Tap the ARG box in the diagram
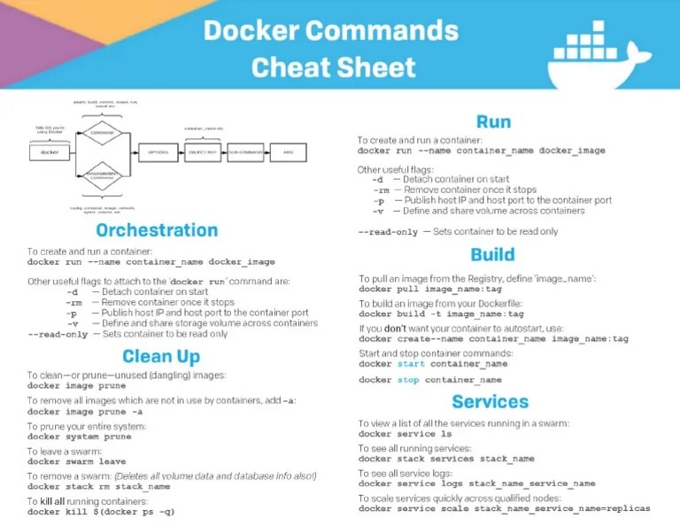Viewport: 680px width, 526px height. [288, 152]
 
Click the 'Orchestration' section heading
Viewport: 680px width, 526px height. [157, 230]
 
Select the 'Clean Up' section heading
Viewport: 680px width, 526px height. [161, 356]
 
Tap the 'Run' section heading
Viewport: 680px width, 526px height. [493, 121]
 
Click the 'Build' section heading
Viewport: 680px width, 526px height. [492, 255]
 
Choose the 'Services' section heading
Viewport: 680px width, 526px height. [490, 401]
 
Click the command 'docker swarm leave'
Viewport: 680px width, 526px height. [76, 461]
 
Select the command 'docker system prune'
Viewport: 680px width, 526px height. [79, 437]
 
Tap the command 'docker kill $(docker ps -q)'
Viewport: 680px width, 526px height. [101, 512]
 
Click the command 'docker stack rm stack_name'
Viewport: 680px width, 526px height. [98, 486]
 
